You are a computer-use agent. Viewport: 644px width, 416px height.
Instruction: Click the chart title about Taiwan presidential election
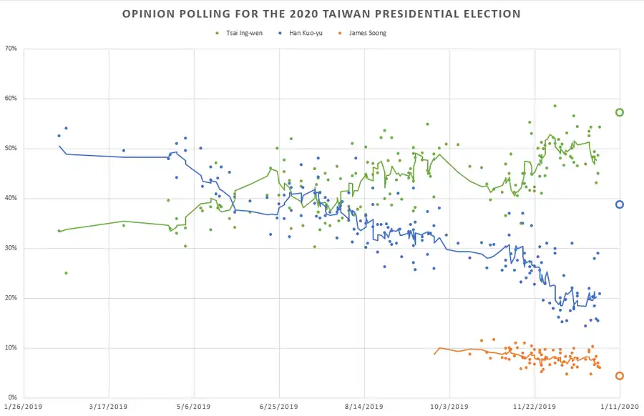(321, 14)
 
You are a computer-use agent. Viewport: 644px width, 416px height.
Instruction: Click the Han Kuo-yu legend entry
(301, 33)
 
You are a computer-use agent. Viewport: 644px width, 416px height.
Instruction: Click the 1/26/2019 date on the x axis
(24, 407)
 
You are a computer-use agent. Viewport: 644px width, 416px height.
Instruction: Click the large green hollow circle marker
(620, 112)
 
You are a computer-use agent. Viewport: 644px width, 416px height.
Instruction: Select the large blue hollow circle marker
(620, 204)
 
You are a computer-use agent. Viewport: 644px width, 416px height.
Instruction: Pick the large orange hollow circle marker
(620, 376)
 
